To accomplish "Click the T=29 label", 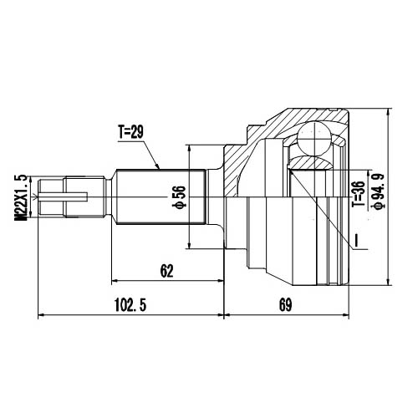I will pyautogui.click(x=132, y=131).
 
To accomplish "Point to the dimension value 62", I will pyautogui.click(x=166, y=270).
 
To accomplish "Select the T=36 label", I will pyautogui.click(x=357, y=194).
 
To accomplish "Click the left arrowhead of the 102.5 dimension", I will pyautogui.click(x=42, y=316).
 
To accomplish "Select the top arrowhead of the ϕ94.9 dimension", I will pyautogui.click(x=389, y=111).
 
